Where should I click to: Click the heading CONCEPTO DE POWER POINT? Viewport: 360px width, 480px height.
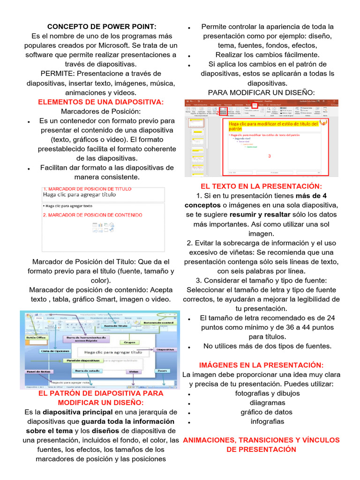pyautogui.click(x=102, y=27)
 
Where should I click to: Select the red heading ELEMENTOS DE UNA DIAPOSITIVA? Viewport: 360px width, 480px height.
pyautogui.click(x=101, y=102)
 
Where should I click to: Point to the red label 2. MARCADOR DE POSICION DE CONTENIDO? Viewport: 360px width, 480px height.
pyautogui.click(x=92, y=215)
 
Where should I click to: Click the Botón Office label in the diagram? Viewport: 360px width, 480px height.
pyautogui.click(x=36, y=337)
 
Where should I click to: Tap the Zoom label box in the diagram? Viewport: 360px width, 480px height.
pyautogui.click(x=162, y=370)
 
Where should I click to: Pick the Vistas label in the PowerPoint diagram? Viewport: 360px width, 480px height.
pyautogui.click(x=134, y=371)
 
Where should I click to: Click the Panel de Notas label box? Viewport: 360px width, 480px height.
pyautogui.click(x=37, y=371)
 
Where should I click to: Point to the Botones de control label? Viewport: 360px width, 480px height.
pyautogui.click(x=159, y=322)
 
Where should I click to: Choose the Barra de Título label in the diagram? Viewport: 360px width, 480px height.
pyautogui.click(x=115, y=325)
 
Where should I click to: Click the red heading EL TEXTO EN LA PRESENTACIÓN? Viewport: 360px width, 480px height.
pyautogui.click(x=262, y=186)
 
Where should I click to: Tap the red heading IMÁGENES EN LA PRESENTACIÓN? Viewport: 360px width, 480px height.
pyautogui.click(x=262, y=365)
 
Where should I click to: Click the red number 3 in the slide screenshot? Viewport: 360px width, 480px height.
pyautogui.click(x=269, y=156)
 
